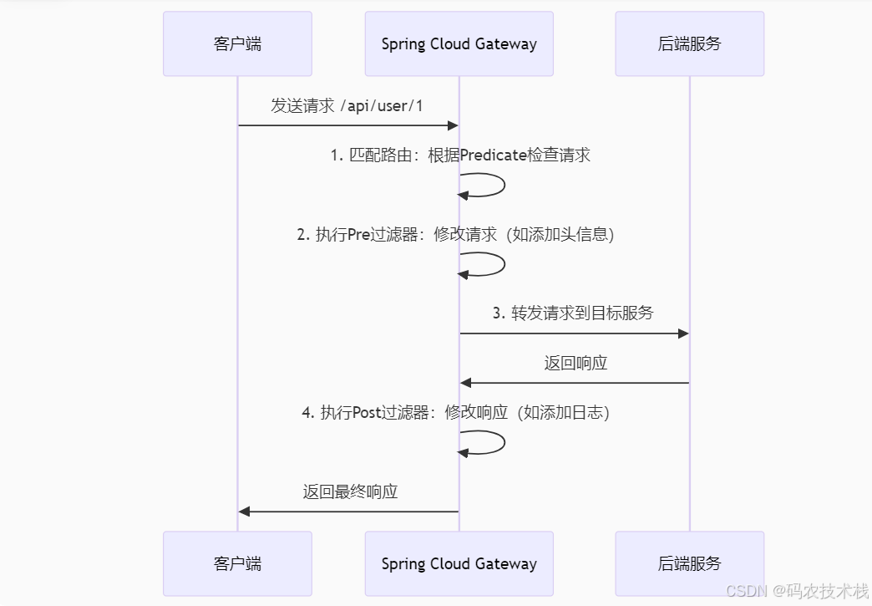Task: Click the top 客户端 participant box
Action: point(237,44)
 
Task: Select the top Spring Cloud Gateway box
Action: point(459,44)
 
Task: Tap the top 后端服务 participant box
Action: point(689,44)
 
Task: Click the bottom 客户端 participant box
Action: point(237,563)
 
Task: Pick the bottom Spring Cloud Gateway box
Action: point(459,563)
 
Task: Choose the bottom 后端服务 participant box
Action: point(689,563)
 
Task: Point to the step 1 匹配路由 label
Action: point(459,155)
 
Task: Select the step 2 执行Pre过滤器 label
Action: point(455,235)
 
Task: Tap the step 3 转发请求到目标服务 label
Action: point(573,313)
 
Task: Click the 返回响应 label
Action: point(575,363)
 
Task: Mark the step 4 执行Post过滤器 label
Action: point(455,412)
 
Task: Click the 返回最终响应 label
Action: point(350,491)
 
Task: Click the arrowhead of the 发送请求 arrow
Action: point(454,125)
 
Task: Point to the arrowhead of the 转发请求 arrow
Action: point(683,334)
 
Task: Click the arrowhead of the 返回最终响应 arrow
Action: point(244,511)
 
